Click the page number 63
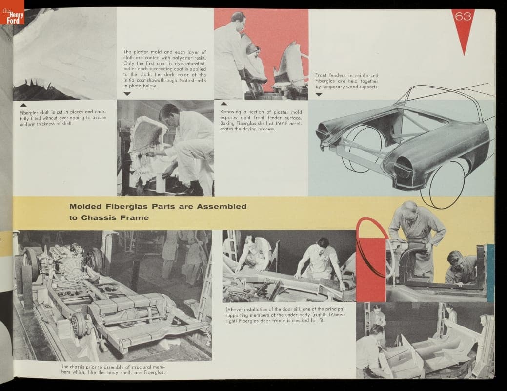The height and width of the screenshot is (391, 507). pos(463,16)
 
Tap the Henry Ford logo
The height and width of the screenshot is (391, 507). pos(12,12)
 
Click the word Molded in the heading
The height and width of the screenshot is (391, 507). pos(85,206)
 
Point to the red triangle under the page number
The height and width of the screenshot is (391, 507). pos(464,32)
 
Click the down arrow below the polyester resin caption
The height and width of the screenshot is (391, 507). pos(127,94)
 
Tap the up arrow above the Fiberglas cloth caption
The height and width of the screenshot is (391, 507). pos(23,105)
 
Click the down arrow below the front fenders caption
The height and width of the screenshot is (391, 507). pos(319,95)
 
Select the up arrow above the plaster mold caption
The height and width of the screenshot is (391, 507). pos(224,104)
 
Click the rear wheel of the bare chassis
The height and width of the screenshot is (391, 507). pos(79,325)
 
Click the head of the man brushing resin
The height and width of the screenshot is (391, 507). pos(168,113)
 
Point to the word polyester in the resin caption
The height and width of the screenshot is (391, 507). pos(183,58)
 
